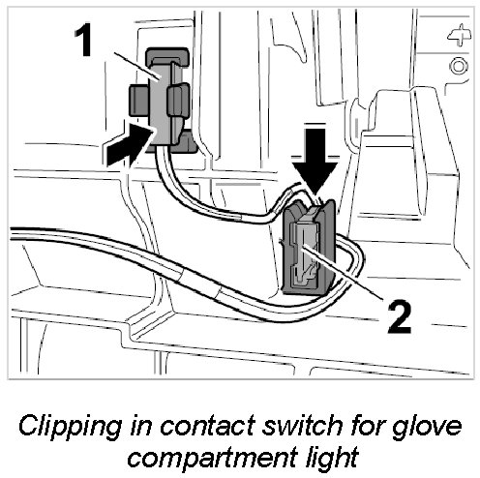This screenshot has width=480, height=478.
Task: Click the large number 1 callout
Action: pyautogui.click(x=82, y=41)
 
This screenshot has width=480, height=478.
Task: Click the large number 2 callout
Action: pyautogui.click(x=400, y=316)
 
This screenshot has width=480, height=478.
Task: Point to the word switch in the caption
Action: pyautogui.click(x=302, y=425)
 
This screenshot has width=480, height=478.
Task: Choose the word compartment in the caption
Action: pyautogui.click(x=212, y=458)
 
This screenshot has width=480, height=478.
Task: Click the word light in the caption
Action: pyautogui.click(x=332, y=457)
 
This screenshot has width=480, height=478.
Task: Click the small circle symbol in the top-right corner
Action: pyautogui.click(x=459, y=66)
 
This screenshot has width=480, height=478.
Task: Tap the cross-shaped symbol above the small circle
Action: pyautogui.click(x=460, y=35)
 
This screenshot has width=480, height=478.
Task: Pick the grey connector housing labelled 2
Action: pyautogui.click(x=309, y=247)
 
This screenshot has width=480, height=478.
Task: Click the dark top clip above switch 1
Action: pyautogui.click(x=167, y=57)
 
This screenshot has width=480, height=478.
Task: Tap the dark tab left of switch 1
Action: pyautogui.click(x=139, y=101)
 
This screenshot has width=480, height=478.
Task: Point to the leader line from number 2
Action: pyautogui.click(x=343, y=273)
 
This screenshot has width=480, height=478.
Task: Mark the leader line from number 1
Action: pyautogui.click(x=137, y=66)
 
